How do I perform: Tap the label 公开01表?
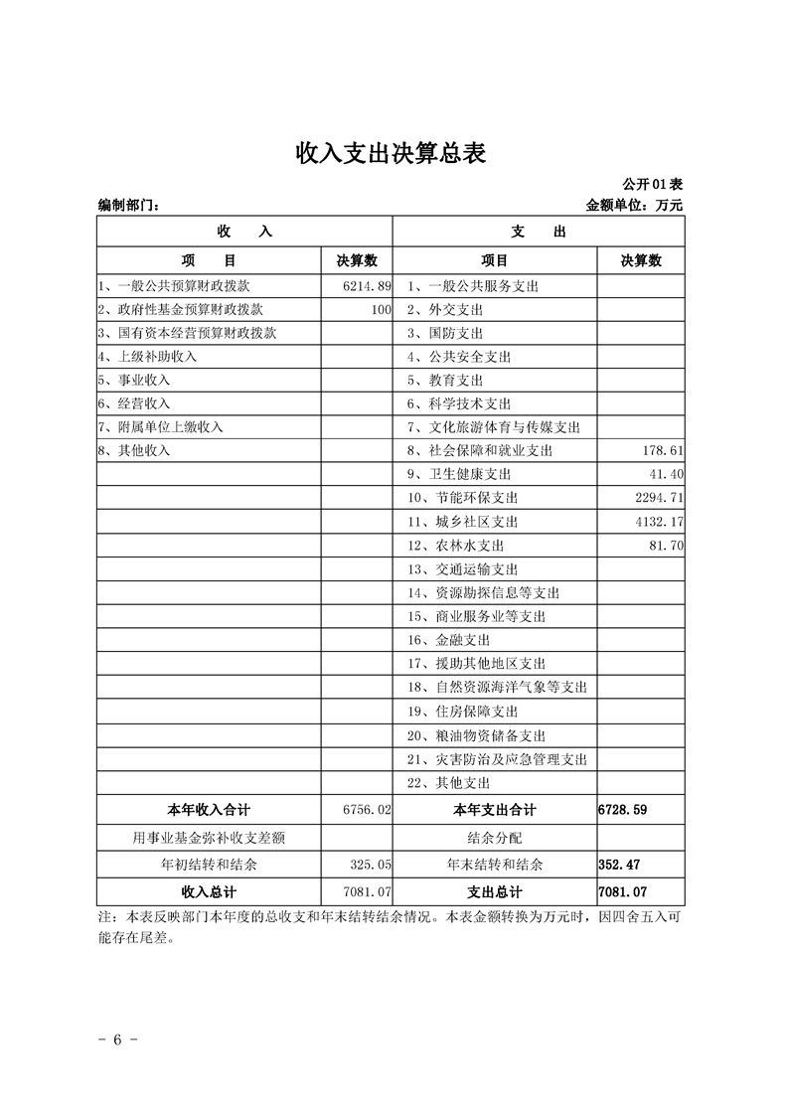click(x=652, y=185)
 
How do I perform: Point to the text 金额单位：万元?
click(x=635, y=206)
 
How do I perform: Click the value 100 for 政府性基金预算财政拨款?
click(x=382, y=310)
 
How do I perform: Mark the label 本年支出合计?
click(x=494, y=810)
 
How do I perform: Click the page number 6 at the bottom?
click(x=117, y=1040)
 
